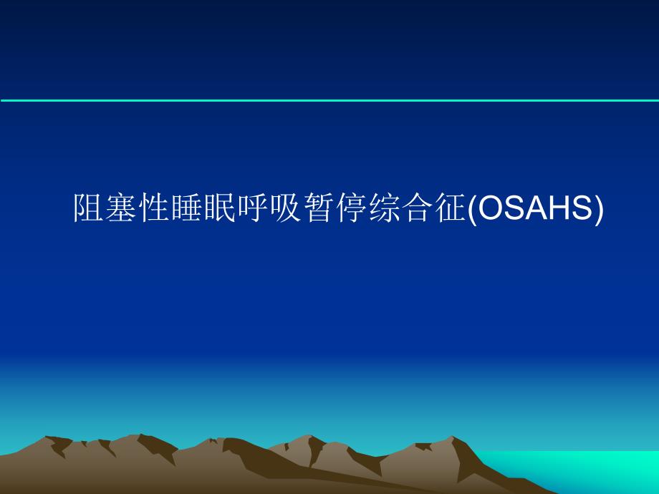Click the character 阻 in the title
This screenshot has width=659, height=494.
pos(90,208)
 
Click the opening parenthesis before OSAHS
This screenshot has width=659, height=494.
pos(471,208)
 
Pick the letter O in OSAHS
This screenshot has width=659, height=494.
pos(489,208)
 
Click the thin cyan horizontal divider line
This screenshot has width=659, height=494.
pos(329,100)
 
